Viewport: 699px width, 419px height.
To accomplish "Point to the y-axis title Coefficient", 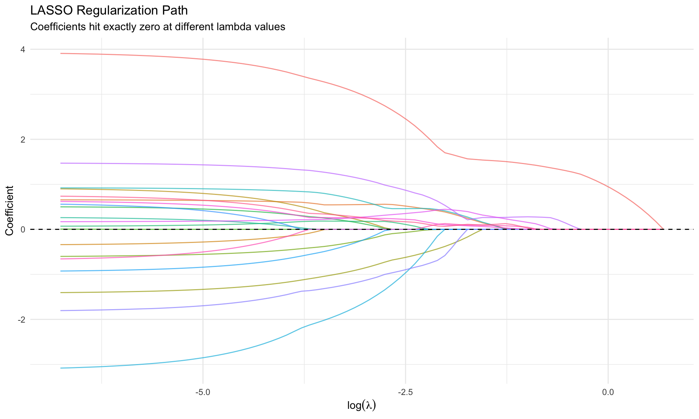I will point(9,211).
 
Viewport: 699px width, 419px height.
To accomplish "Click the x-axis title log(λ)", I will point(362,405).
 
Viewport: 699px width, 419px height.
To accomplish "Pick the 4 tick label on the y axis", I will point(23,49).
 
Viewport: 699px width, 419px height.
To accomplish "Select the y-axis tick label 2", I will point(23,139).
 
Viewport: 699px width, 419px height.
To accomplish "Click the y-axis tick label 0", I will point(23,230).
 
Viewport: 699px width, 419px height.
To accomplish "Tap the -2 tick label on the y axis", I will point(21,319).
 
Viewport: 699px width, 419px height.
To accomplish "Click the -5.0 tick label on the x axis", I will point(202,392).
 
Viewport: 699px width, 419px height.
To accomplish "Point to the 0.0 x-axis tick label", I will point(608,392).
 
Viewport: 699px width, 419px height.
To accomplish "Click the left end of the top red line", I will point(61,53).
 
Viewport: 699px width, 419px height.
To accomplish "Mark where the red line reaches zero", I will point(663,229).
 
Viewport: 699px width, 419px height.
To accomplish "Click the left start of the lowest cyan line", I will point(61,368).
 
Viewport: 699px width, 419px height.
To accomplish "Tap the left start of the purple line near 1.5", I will point(61,163).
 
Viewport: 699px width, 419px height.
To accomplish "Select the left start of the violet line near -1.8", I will point(61,311).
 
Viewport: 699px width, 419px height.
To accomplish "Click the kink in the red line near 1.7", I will point(445,152).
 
